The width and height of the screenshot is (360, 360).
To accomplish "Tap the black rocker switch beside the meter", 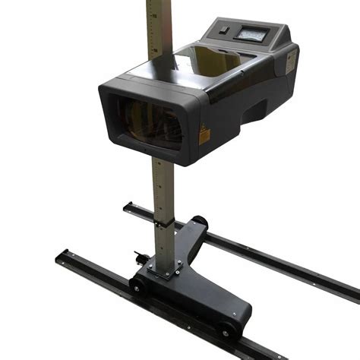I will coord(224,31).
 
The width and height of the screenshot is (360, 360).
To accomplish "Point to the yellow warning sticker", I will coord(204,135).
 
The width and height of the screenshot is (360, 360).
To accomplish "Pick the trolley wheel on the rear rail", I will coord(200,222).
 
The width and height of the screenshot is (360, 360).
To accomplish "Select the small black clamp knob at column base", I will coord(139,256).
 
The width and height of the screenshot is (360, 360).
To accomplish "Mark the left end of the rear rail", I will coord(128,205).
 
